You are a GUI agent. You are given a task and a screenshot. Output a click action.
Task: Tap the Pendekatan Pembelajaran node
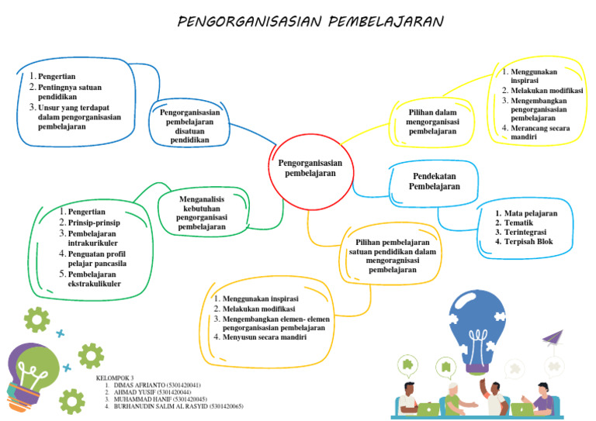(434, 181)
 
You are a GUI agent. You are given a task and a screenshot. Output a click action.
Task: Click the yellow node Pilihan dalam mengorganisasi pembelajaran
(432, 122)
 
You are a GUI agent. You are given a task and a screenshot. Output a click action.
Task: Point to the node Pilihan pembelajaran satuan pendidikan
(392, 256)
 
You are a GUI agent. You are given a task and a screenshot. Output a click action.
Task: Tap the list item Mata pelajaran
(530, 213)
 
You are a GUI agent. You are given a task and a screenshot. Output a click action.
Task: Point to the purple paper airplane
(552, 338)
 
